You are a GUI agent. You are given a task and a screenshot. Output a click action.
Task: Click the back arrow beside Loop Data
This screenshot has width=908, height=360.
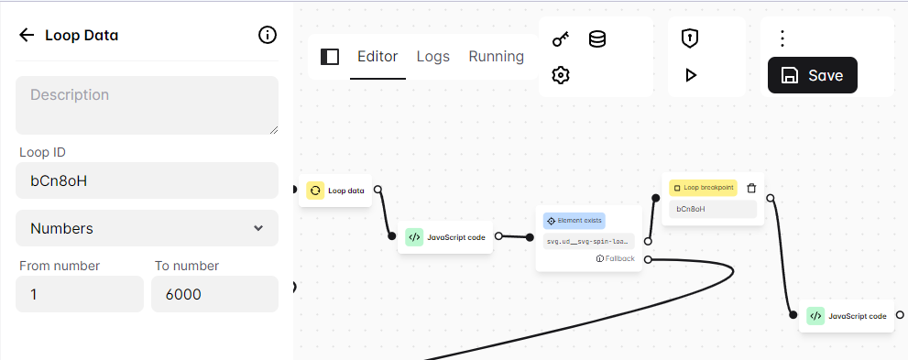coord(27,36)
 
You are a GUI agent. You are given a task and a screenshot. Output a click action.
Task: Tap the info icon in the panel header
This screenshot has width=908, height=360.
coord(268,36)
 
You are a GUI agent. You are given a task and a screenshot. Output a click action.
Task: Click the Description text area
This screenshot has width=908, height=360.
coord(147,105)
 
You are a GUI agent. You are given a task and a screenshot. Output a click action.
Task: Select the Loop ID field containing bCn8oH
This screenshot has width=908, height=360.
coord(147,180)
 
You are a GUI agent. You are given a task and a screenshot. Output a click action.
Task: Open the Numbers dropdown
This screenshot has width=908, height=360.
coord(147,228)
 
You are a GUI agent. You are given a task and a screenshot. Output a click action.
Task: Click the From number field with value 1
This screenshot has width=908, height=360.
coord(80,294)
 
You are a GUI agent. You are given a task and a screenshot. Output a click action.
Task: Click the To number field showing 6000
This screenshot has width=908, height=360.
coord(214,294)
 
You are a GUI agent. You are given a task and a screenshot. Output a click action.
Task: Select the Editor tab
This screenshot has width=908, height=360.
coord(377,57)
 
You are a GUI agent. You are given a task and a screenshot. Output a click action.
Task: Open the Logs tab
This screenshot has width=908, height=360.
coord(433,57)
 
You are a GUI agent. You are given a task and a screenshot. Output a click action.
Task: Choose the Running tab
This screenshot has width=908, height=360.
coord(497,57)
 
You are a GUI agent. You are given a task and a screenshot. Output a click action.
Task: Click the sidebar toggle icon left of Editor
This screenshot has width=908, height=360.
coord(330,57)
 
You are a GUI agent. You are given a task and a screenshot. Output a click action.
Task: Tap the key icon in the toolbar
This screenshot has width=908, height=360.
coord(561,39)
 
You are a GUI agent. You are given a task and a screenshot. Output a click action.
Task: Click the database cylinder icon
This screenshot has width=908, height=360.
coord(596,39)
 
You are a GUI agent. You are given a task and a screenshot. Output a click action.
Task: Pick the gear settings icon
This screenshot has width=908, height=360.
coord(561,75)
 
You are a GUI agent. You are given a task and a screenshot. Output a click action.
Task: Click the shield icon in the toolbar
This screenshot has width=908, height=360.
coord(690,38)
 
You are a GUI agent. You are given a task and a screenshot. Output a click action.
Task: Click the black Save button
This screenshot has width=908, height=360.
coord(812,76)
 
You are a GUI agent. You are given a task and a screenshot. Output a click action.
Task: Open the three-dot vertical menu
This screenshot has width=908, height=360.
coord(782,38)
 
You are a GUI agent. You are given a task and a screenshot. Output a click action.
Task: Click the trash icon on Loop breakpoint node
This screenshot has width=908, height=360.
coord(751,188)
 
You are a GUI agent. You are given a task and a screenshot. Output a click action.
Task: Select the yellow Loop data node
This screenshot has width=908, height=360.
coord(336,191)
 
